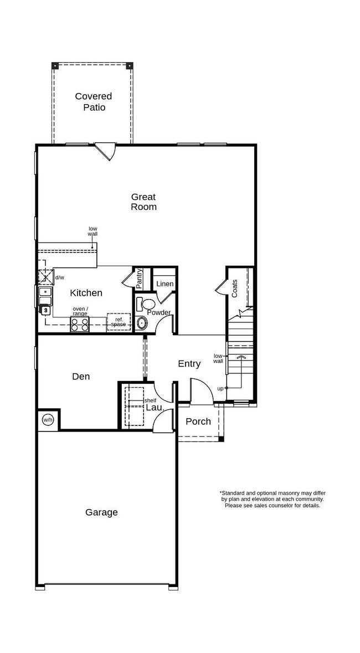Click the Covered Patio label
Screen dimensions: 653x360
[94, 102]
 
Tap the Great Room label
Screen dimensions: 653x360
[143, 202]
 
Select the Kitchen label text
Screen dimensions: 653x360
[86, 293]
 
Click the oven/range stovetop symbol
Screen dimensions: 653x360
[79, 324]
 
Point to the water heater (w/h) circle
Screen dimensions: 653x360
[48, 420]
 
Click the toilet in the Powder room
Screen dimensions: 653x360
[147, 304]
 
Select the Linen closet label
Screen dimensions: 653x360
[164, 284]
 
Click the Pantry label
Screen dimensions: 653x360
[139, 279]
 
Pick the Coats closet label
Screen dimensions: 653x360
[235, 288]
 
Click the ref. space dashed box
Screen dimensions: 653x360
[118, 322]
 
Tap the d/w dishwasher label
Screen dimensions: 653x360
[60, 277]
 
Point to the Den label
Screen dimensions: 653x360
[81, 377]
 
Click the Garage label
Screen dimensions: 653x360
[101, 512]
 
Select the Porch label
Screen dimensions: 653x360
[198, 421]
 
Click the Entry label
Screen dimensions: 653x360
[189, 364]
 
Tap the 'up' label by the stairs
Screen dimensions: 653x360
[220, 388]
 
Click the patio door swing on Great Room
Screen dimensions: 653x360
[105, 151]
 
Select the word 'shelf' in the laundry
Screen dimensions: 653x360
[150, 400]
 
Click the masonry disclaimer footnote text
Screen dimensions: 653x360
[272, 498]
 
